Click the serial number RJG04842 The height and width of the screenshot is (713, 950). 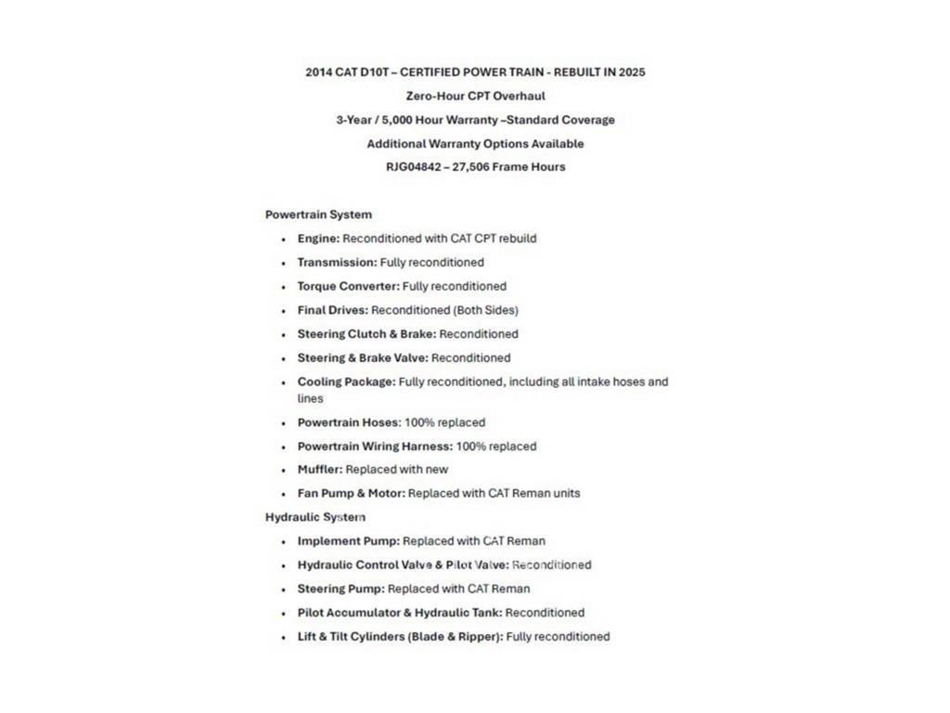coord(414,167)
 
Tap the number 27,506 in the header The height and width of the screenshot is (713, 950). coord(470,167)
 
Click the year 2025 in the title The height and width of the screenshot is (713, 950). coord(630,71)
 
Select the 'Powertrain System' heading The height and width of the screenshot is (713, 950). coord(318,214)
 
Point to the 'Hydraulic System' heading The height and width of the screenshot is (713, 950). coord(315,517)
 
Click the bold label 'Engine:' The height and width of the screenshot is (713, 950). coord(318,239)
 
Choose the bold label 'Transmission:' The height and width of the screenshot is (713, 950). coord(337,263)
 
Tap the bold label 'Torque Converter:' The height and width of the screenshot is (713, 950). coord(348,287)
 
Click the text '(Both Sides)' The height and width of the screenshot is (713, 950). coord(486,310)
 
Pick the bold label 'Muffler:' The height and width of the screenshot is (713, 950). coord(320,470)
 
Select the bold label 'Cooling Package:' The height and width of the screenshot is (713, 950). coord(346,382)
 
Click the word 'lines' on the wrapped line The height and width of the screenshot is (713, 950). coord(310,398)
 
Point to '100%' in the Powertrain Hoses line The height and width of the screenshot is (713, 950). coord(419,422)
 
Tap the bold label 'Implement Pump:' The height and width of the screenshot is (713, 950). coord(348,541)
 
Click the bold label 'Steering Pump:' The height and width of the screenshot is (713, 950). coord(340,589)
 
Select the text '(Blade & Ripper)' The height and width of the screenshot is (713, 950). coord(455,637)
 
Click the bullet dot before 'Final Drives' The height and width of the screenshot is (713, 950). coord(284,311)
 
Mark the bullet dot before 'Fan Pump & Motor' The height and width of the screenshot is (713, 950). coord(284,494)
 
